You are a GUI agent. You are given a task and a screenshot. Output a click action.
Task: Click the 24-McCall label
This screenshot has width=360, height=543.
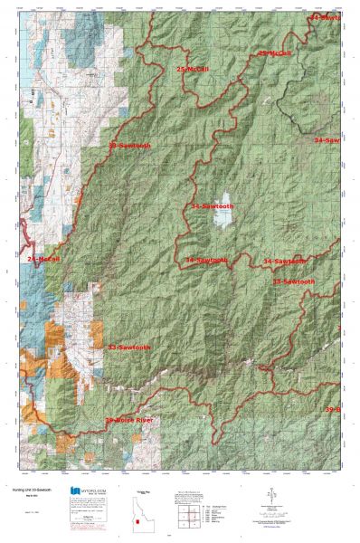pyautogui.click(x=43, y=259)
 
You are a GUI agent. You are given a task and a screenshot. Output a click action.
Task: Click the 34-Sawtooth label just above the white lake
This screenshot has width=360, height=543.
pyautogui.click(x=216, y=207)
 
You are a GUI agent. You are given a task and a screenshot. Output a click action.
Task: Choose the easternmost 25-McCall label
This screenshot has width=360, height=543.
pyautogui.click(x=275, y=53)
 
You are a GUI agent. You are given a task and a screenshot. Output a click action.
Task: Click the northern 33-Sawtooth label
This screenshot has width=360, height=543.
pyautogui.click(x=129, y=146)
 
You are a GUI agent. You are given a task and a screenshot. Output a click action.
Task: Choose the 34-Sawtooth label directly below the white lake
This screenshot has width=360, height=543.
pyautogui.click(x=207, y=260)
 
